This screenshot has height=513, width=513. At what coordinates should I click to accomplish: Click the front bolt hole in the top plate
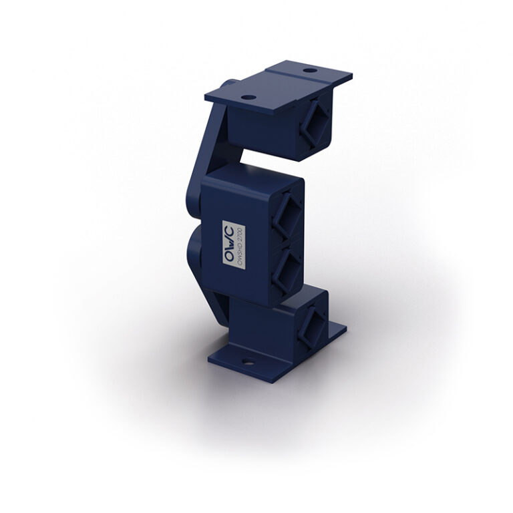(248, 98)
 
